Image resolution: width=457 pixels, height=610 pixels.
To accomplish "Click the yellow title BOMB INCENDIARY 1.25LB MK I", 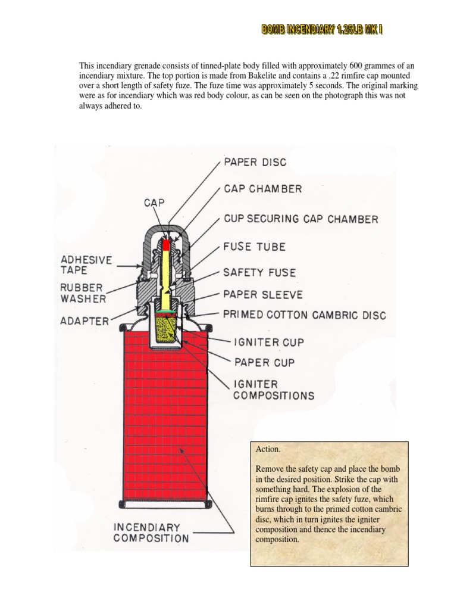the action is (321, 29).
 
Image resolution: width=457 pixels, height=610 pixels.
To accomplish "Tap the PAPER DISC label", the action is (254, 161).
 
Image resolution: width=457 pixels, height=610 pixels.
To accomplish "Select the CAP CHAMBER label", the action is (262, 189).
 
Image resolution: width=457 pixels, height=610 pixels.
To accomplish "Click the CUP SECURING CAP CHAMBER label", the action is (300, 219).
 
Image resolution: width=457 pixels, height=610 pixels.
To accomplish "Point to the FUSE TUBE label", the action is (254, 246).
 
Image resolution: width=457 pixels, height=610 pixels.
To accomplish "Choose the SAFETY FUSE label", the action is (259, 272).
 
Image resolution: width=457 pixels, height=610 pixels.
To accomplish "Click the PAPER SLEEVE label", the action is (262, 294).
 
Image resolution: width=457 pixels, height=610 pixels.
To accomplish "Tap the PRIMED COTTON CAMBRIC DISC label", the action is (304, 315).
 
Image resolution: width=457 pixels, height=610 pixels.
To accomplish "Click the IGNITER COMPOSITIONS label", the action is (270, 389).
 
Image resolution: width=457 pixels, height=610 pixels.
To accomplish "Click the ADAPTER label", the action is (84, 321).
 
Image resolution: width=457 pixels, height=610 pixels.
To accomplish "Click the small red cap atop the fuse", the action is (167, 244).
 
